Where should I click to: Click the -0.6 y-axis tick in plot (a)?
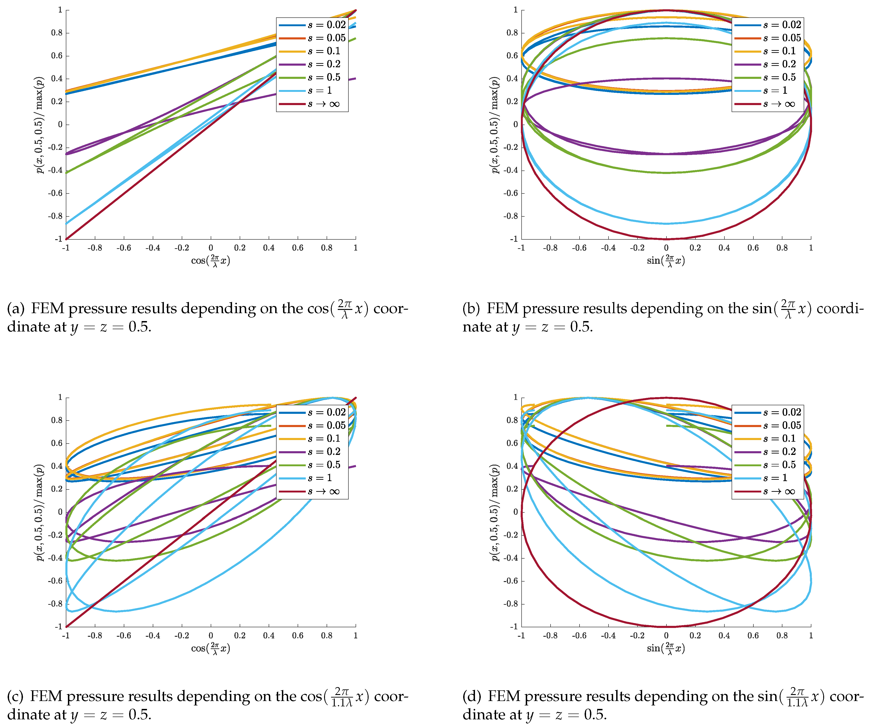[55, 193]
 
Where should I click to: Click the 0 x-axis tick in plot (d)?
[666, 635]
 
